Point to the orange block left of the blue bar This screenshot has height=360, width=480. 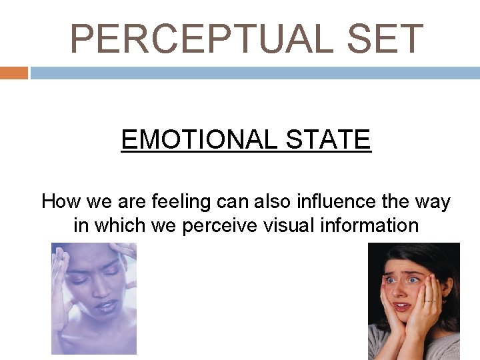click(13, 73)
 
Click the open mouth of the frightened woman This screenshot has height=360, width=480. click(402, 307)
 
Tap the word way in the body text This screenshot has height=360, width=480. click(433, 201)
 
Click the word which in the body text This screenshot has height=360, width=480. click(119, 225)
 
